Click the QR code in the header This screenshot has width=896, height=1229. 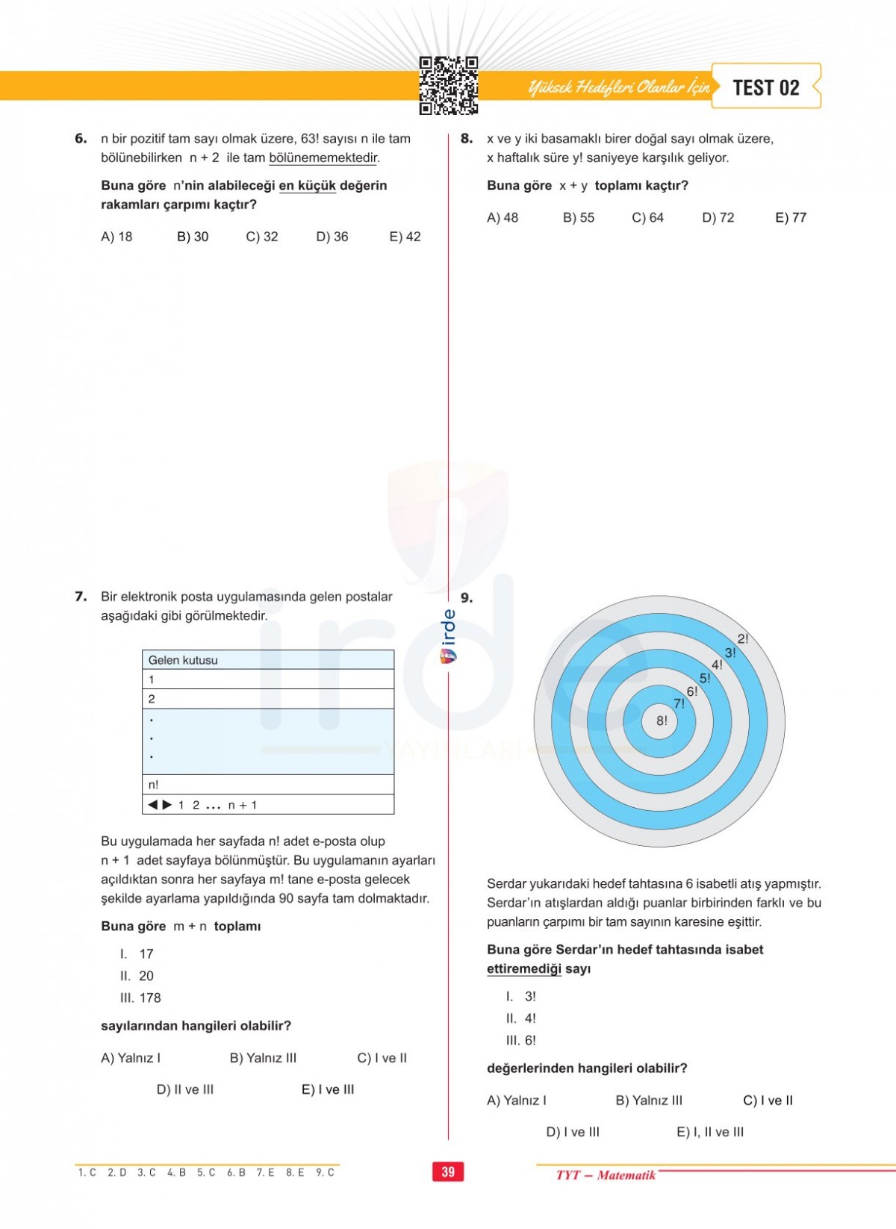coord(448,85)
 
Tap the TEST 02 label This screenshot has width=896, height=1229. coord(765,87)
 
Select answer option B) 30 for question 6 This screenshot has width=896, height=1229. coord(193,237)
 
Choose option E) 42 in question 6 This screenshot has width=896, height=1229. coord(405,237)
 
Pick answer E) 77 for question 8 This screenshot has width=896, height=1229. coord(791,217)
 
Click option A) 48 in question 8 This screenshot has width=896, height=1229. coord(503,217)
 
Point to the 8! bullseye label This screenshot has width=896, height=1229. coord(662,721)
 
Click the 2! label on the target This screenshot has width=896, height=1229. coord(742,638)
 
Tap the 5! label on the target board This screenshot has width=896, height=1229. coord(705,679)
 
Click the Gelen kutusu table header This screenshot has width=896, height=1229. coord(183,660)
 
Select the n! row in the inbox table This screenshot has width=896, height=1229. coord(154,785)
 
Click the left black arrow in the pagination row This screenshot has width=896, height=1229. coord(153,805)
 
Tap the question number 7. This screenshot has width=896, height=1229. coord(81,597)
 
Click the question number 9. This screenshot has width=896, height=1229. coord(467,597)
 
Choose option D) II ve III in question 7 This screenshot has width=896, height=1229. coord(185,1089)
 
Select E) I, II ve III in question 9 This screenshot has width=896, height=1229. coord(710,1132)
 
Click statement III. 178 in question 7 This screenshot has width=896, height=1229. coord(140,998)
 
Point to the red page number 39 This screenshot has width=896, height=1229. coord(448,1172)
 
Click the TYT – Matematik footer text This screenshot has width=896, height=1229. coord(606,1175)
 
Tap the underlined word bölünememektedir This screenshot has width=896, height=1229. coord(323,158)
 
